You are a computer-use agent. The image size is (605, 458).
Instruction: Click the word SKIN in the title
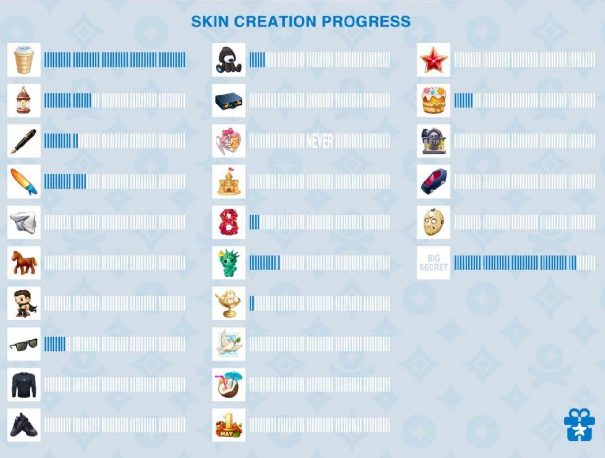[210, 21]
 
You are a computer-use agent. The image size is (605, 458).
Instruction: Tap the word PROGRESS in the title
[366, 21]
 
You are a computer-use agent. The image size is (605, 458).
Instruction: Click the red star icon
[433, 60]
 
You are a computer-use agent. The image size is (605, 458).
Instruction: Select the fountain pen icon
[24, 141]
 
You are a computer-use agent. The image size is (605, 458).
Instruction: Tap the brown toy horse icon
[24, 263]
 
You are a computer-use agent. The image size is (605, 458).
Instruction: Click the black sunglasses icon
[24, 344]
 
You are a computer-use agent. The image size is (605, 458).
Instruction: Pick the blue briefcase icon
[229, 101]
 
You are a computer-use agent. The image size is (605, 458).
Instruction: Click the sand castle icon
[229, 181]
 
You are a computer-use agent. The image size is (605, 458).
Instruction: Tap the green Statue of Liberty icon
[229, 263]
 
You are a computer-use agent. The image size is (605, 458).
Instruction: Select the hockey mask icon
[433, 222]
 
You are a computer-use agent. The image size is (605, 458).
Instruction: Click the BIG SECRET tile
[433, 263]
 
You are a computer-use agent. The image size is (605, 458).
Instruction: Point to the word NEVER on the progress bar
[320, 141]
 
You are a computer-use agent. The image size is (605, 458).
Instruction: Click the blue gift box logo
[579, 424]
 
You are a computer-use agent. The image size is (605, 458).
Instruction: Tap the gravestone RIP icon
[433, 141]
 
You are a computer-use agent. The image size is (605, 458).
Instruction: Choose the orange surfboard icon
[24, 181]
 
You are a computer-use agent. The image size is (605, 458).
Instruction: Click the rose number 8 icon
[229, 222]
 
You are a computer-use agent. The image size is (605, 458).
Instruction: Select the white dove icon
[229, 344]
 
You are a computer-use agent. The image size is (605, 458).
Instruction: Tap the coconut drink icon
[229, 384]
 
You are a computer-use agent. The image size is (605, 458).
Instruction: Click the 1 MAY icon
[229, 425]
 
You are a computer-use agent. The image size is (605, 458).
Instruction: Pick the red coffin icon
[433, 181]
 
